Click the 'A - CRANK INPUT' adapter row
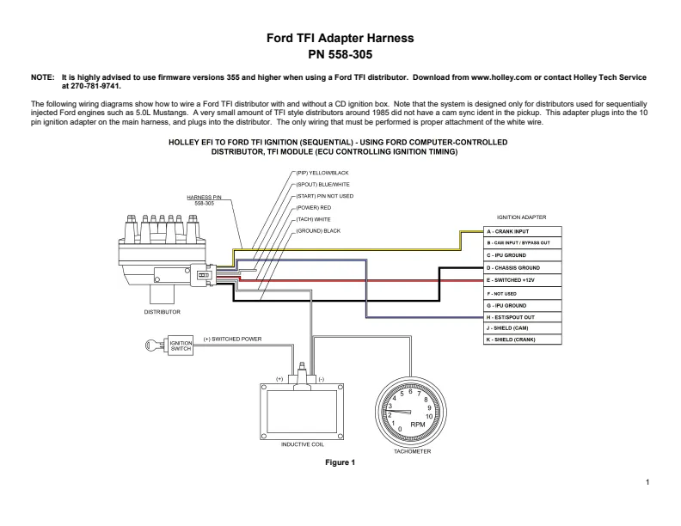tap(523, 231)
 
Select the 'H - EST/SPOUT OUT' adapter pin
tap(523, 317)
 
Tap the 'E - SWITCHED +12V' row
tap(523, 280)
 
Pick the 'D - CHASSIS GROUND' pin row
tap(523, 268)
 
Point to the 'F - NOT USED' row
tap(523, 293)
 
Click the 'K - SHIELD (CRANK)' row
tap(523, 339)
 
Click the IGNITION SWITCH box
tap(181, 346)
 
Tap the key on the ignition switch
tap(156, 346)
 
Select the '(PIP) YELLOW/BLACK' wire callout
tap(322, 173)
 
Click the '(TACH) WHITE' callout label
tap(313, 219)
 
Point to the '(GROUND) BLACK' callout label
tap(318, 231)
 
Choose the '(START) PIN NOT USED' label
tap(325, 196)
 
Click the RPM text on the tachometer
tap(418, 425)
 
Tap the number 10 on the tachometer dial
tap(429, 417)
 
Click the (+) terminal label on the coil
tap(279, 379)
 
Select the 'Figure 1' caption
tap(340, 462)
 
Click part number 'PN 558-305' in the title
tap(340, 54)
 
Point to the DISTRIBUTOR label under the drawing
tap(162, 312)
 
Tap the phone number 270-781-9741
tap(95, 86)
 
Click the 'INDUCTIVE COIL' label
tap(303, 444)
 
